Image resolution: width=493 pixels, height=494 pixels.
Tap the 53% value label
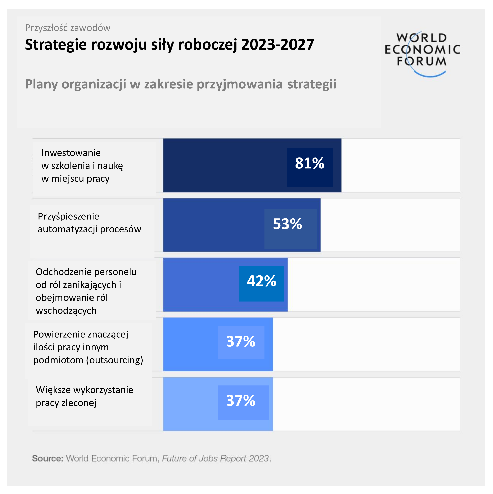click(287, 224)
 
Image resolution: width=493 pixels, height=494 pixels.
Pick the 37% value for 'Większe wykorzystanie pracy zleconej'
click(240, 401)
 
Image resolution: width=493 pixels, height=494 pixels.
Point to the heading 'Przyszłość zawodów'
click(68, 28)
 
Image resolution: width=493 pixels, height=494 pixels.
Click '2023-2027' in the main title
click(277, 44)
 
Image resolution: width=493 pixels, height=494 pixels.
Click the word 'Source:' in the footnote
click(48, 458)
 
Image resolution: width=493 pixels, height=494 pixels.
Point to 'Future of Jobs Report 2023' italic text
click(216, 458)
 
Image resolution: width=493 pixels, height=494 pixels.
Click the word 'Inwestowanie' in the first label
click(71, 153)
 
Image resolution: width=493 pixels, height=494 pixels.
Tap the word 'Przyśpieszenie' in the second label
click(68, 216)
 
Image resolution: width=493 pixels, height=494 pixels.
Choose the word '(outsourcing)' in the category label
click(114, 360)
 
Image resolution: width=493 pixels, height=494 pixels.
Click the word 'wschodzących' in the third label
click(66, 310)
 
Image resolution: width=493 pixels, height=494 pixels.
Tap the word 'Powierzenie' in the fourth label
click(59, 334)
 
